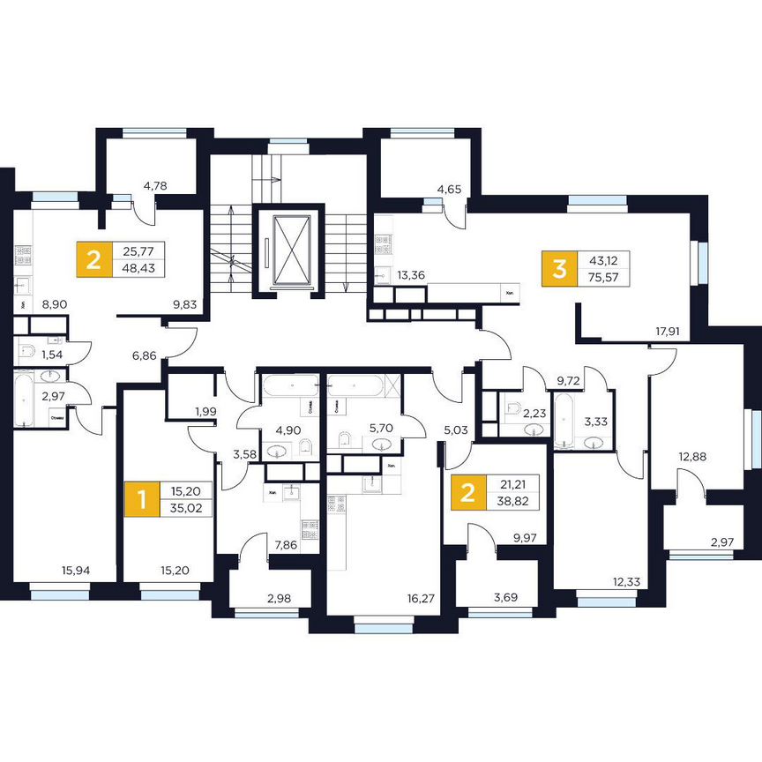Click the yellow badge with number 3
coord(558,268)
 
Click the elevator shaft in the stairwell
coord(290,249)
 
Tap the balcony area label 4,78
coord(155,186)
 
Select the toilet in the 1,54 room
coord(26,354)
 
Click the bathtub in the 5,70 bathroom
coord(355,386)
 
